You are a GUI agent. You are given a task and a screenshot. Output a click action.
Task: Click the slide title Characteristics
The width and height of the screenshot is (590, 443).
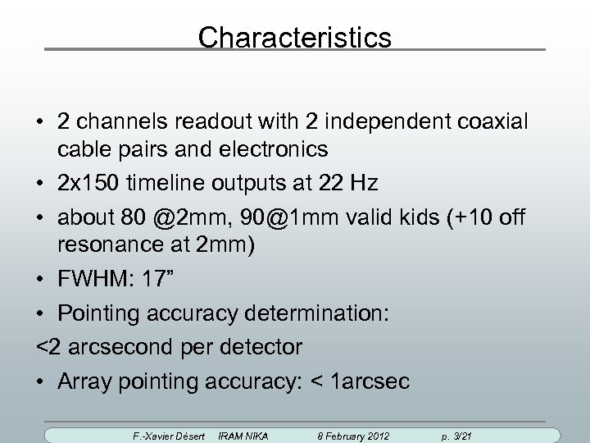295,38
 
